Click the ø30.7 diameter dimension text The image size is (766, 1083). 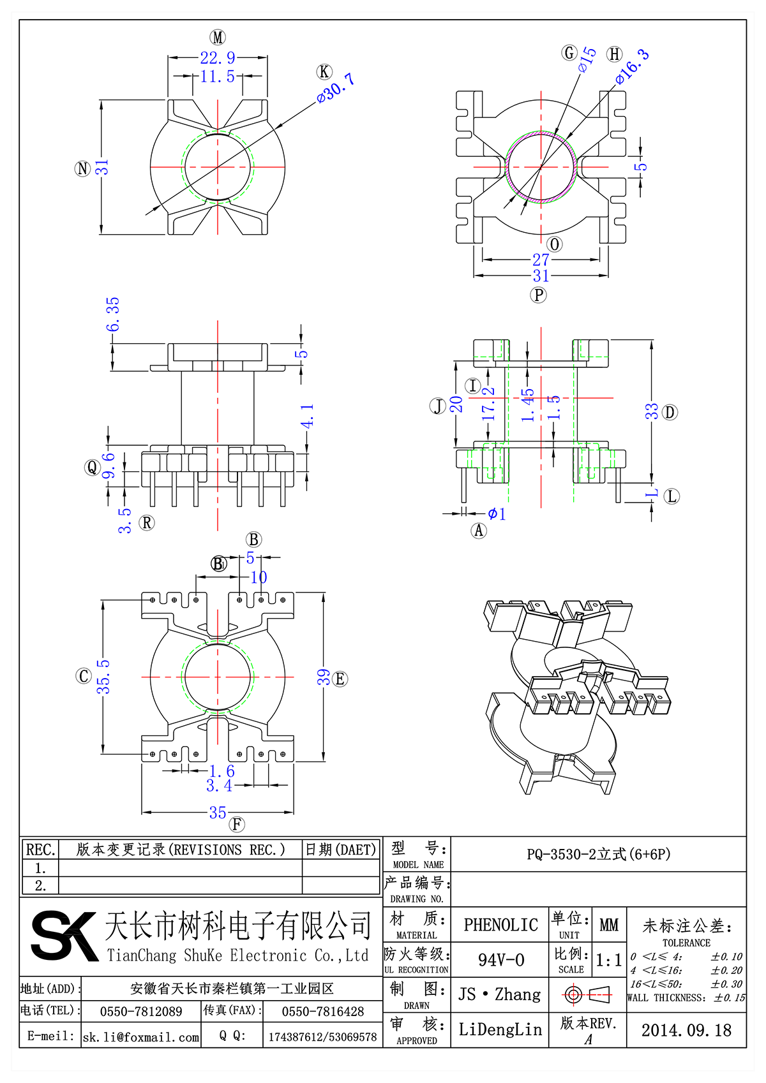click(336, 87)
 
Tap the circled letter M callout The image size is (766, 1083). click(218, 37)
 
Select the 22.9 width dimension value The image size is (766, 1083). click(217, 58)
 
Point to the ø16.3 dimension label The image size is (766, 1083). click(632, 66)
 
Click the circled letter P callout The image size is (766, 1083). click(539, 295)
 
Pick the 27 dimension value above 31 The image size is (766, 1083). click(541, 260)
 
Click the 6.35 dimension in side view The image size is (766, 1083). click(113, 314)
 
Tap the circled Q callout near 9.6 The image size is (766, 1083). click(93, 468)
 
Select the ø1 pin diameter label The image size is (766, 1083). click(497, 513)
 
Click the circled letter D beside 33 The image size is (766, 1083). click(670, 412)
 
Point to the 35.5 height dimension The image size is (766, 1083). click(103, 677)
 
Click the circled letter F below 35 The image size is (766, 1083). click(237, 824)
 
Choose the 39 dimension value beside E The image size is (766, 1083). click(324, 677)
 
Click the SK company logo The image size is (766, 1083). click(64, 936)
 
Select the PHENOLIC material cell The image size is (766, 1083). click(500, 925)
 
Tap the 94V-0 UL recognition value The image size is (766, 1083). click(500, 960)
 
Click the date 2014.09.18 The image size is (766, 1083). click(686, 1030)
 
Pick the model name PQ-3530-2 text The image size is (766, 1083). click(598, 854)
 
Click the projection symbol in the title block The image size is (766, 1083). click(588, 994)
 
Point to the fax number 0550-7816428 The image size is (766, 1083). click(323, 1012)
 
